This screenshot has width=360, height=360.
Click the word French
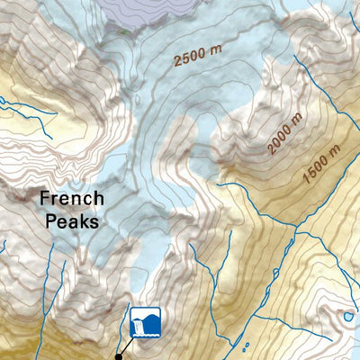tap(71, 199)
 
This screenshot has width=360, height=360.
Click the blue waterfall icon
tap(145, 321)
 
